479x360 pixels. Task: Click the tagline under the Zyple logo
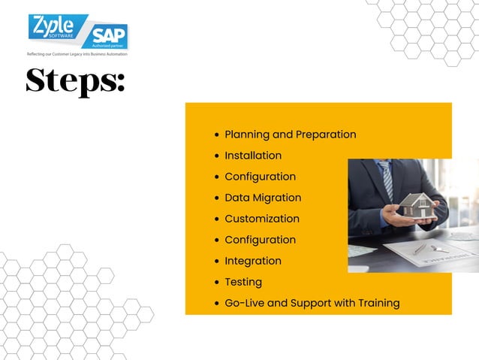[77, 54]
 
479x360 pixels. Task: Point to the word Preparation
[326, 135]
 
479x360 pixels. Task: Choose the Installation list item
[253, 156]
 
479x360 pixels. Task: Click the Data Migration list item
[263, 198]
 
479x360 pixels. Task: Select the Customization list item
[262, 219]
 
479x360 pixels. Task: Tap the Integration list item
[253, 261]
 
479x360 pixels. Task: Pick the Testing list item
[243, 282]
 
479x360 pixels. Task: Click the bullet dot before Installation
[217, 156]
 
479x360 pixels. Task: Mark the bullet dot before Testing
[217, 283]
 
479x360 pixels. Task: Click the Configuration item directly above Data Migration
[260, 177]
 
